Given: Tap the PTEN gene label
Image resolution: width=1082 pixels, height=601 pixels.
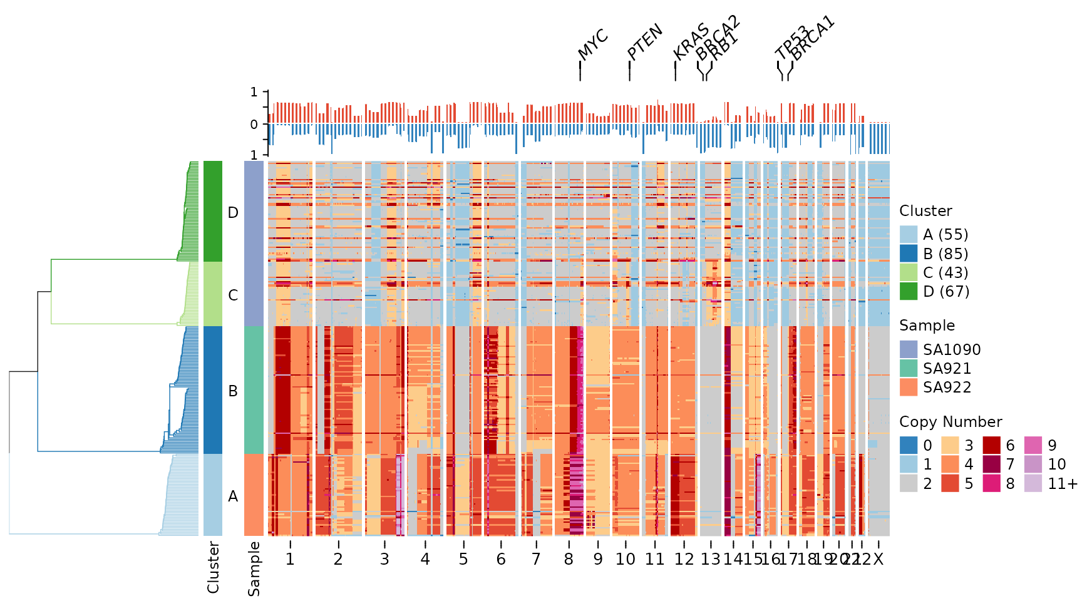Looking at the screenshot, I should coord(644,42).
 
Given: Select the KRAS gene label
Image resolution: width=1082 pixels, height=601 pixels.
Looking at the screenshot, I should coord(691,41).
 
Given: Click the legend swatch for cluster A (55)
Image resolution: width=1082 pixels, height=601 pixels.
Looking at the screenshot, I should coord(909,235).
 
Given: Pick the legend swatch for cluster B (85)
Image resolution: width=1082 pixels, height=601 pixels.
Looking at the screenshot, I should coord(909,254).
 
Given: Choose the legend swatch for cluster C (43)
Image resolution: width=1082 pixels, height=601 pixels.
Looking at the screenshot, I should coord(909,272).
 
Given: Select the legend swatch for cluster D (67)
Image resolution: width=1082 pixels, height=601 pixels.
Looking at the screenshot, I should coord(909,291).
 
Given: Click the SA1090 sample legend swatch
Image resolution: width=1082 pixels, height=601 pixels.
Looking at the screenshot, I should coord(909,349).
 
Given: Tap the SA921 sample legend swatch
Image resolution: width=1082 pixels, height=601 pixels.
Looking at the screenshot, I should coord(909,368).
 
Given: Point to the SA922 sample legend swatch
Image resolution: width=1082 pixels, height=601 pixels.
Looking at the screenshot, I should coord(909,387).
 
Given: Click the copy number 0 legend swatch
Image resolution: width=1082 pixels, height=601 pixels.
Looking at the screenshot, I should coord(909,445).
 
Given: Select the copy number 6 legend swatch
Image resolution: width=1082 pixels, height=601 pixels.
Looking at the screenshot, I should coord(991,445).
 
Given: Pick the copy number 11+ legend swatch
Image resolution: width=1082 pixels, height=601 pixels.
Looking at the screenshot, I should coord(1033,483).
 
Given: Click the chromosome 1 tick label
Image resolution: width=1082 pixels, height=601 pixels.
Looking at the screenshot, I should coord(290,559).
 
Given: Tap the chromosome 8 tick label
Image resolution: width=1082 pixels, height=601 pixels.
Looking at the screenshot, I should coord(569,559).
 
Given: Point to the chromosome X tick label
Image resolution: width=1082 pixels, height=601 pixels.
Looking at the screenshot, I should coord(878,559).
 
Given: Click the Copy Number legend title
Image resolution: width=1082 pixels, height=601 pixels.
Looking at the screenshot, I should coord(951,422).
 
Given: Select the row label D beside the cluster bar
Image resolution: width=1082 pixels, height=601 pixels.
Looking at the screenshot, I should coord(233,213).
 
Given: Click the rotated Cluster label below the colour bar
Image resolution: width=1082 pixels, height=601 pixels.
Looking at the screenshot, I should coord(214,567).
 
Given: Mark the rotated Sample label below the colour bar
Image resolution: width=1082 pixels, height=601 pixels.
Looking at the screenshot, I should coord(254,568).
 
